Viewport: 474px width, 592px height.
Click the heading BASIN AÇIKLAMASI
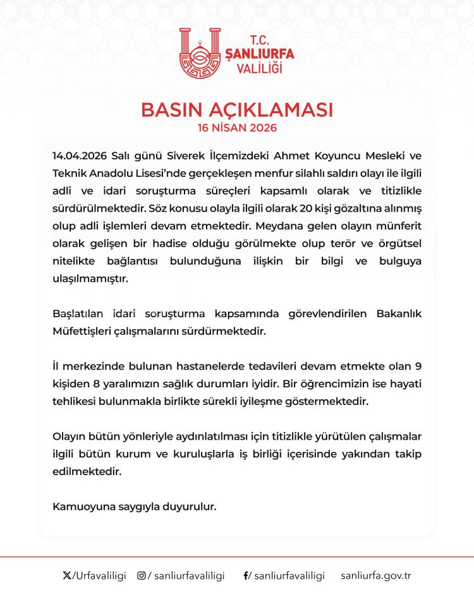click(x=237, y=109)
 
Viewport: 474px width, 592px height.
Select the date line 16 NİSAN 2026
click(x=237, y=127)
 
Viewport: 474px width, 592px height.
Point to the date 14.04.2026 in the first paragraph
click(x=79, y=155)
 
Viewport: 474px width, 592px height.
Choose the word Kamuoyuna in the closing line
click(x=79, y=507)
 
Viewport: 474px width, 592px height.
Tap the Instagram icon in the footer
click(x=142, y=576)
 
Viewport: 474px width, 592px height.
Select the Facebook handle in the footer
click(x=288, y=576)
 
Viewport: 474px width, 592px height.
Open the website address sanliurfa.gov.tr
click(x=375, y=576)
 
